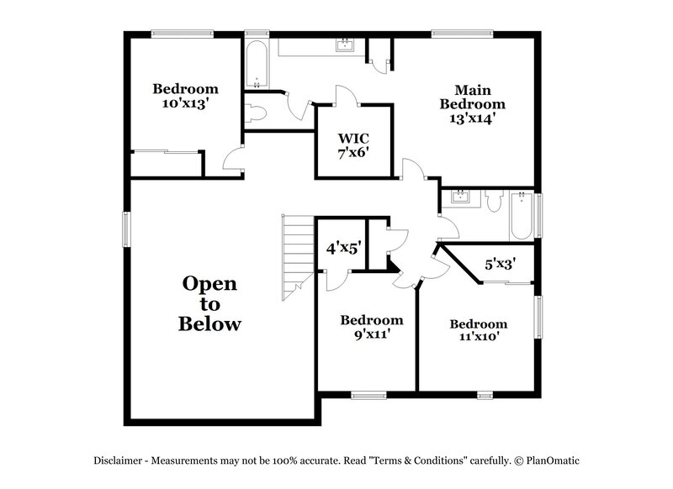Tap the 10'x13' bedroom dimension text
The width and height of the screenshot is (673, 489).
click(x=185, y=103)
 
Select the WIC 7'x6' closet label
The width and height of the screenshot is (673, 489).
click(x=353, y=145)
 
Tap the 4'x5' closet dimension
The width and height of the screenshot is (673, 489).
click(x=343, y=249)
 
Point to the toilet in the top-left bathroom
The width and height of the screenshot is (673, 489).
click(x=256, y=113)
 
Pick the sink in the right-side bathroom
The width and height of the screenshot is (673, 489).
click(x=459, y=198)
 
